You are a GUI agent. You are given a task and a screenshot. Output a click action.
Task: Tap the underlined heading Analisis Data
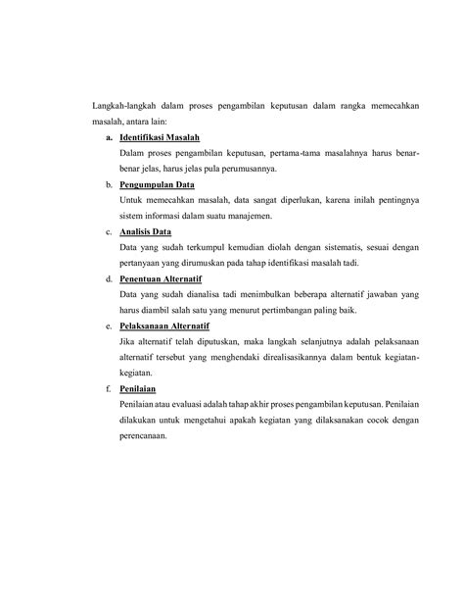coord(145,231)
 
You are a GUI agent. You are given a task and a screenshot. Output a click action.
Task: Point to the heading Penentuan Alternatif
coord(162,278)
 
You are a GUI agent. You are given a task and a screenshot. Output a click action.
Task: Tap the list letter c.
coord(107,231)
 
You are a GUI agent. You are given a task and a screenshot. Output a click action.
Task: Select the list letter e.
coord(107,326)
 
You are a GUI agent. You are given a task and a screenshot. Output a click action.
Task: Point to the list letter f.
coord(107,388)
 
